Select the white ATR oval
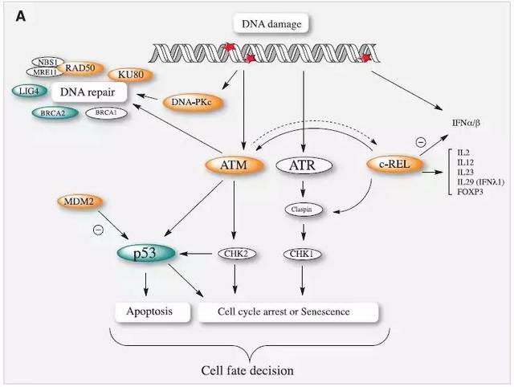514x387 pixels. (x=302, y=166)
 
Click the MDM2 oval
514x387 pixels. (x=79, y=199)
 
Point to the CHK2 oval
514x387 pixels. (x=235, y=254)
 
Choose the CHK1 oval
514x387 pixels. (x=302, y=254)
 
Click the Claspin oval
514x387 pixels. (x=302, y=210)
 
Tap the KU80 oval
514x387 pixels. (x=131, y=73)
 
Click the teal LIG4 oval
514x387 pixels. (x=27, y=91)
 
